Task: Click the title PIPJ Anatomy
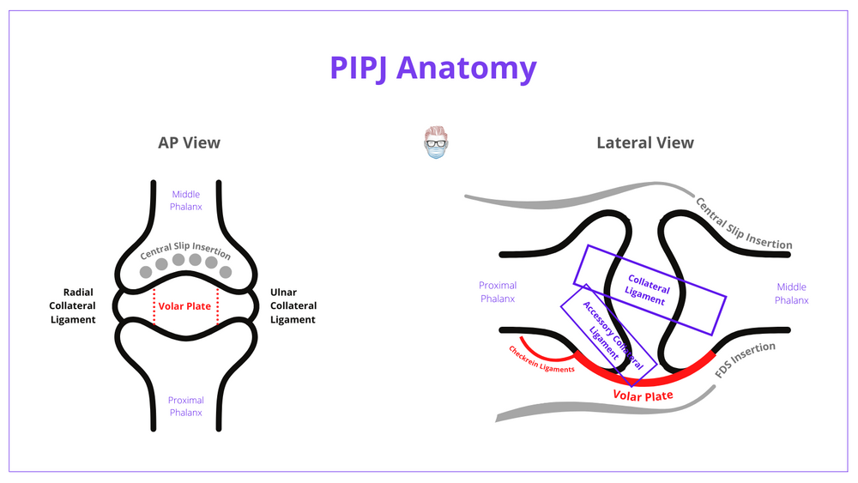point(432,68)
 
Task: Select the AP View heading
point(189,142)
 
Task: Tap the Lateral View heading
point(645,142)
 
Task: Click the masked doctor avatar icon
point(436,143)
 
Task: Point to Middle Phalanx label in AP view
point(185,200)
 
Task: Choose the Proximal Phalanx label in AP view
point(185,406)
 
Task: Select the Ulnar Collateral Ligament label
point(293,305)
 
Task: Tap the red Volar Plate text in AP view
point(185,305)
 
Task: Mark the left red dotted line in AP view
point(154,305)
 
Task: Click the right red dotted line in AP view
point(217,305)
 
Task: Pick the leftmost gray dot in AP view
point(146,272)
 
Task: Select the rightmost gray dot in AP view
point(226,272)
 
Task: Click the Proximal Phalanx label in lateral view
point(498,293)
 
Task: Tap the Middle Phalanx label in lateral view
point(791,293)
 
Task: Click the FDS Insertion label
point(745,361)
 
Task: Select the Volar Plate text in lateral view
point(643,395)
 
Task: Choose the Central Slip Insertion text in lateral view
point(743,225)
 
